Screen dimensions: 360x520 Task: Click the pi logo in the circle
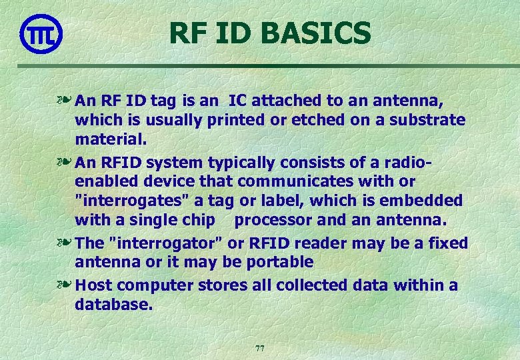[41, 34]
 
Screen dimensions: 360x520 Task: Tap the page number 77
[260, 348]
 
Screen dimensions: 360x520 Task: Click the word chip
[200, 220]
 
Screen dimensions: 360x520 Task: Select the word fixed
[449, 243]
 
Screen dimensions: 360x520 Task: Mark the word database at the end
[114, 305]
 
